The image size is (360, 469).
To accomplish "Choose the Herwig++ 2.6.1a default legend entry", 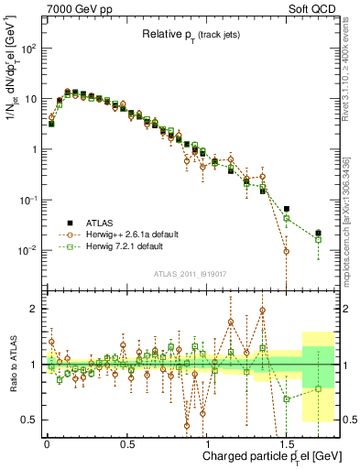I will click(x=130, y=234).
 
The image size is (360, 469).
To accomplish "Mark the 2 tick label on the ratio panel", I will click(x=33, y=310).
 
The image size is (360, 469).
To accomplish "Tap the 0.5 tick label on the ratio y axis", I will click(x=29, y=420).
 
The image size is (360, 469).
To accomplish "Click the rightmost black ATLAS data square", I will click(x=318, y=234).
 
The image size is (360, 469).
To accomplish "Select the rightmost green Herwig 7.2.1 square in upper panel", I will click(x=318, y=240).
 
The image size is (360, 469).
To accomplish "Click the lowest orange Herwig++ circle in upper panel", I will click(x=287, y=251).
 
